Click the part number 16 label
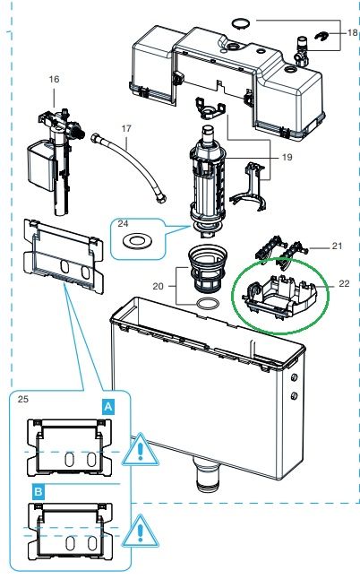(54, 79)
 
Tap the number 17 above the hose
(126, 128)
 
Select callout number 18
(353, 32)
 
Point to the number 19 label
(287, 157)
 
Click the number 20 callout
(158, 286)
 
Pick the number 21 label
(337, 246)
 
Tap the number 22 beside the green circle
(344, 283)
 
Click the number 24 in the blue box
(124, 223)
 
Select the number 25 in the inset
(23, 399)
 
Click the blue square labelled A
(108, 407)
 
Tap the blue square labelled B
(38, 492)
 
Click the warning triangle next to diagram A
(141, 450)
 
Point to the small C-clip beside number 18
(321, 37)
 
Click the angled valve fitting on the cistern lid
(301, 51)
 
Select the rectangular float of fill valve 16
(41, 164)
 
